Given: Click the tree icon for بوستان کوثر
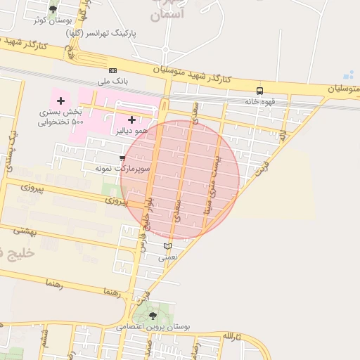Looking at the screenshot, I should (54, 10).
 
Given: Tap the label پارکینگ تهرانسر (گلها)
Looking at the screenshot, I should (101, 33).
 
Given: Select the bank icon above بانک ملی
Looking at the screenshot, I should (112, 70).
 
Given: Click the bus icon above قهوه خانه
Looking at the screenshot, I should (260, 91).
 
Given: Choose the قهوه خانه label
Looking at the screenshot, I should (259, 102).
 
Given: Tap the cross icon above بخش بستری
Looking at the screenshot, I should (60, 101).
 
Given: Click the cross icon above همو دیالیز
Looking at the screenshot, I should (131, 120).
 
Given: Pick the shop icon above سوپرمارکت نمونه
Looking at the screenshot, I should (123, 158).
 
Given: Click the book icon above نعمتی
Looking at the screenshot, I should (167, 246).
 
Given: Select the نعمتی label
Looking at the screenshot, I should (167, 257).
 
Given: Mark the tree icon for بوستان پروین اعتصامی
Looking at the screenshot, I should (153, 316).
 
